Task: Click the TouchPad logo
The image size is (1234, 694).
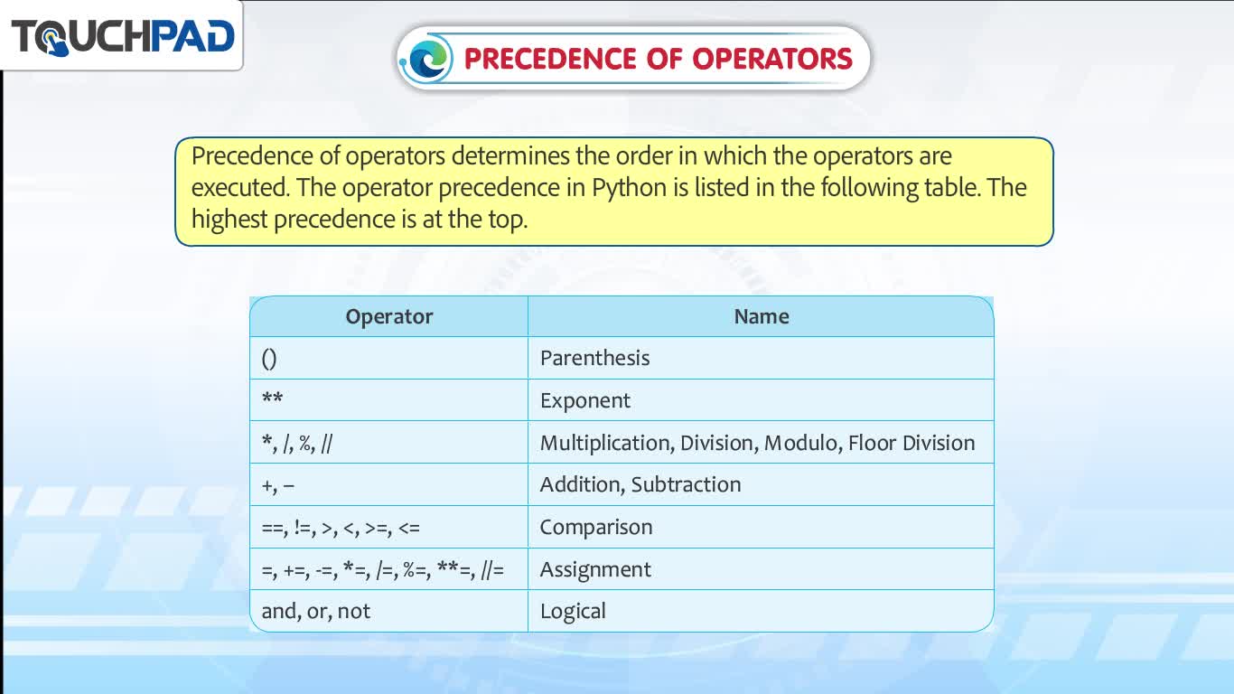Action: point(123,37)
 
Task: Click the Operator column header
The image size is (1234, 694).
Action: point(389,317)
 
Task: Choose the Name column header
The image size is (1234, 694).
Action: point(761,317)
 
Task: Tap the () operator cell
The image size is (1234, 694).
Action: point(389,359)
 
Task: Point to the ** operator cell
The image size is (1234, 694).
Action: point(389,400)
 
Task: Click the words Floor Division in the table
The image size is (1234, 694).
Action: point(911,443)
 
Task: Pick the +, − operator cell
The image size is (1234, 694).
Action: point(389,485)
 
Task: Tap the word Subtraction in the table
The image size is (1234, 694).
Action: point(686,484)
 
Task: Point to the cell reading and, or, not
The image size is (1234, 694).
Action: point(389,611)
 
